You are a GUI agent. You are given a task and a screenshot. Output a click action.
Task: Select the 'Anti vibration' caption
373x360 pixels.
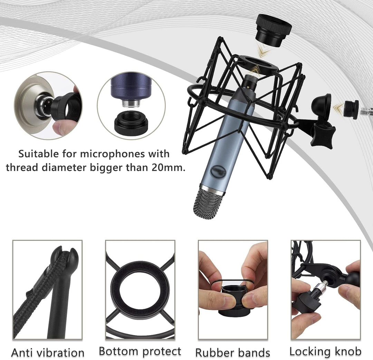[x=48, y=353]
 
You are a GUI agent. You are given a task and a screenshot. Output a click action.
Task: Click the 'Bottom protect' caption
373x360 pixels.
[x=140, y=351]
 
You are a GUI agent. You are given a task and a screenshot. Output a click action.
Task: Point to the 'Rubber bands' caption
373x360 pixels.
[x=233, y=353]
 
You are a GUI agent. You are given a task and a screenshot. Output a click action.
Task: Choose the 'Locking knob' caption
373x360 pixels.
[x=325, y=351]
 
